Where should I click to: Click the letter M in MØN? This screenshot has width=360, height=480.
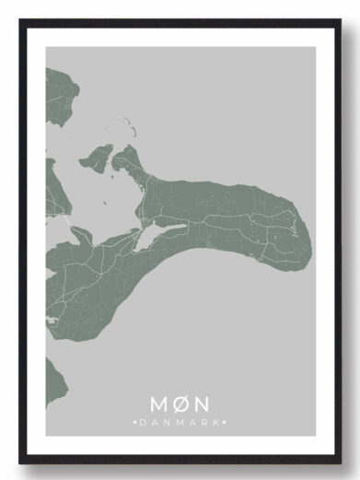158,404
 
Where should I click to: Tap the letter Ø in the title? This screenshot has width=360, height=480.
180,404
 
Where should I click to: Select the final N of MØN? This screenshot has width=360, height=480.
202,404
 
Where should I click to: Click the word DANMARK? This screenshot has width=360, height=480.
180,422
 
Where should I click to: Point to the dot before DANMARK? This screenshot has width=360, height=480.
136,422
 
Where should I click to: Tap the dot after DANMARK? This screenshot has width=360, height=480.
224,422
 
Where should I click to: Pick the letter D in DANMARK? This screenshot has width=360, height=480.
144,422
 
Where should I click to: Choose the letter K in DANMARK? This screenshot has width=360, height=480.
216,422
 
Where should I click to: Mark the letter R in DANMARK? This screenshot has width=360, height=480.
204,422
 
